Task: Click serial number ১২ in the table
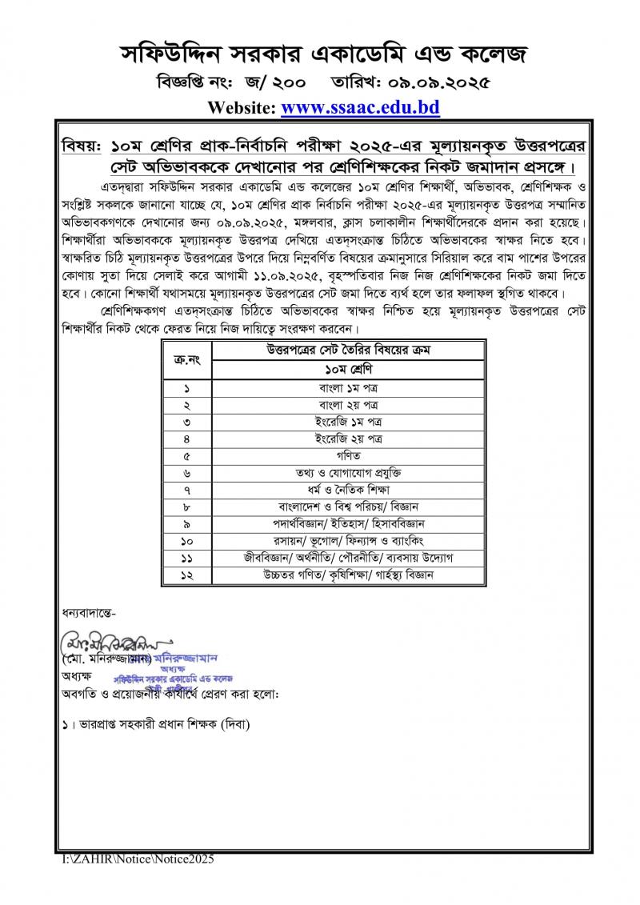click(186, 575)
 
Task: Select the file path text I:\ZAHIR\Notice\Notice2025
click(138, 859)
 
